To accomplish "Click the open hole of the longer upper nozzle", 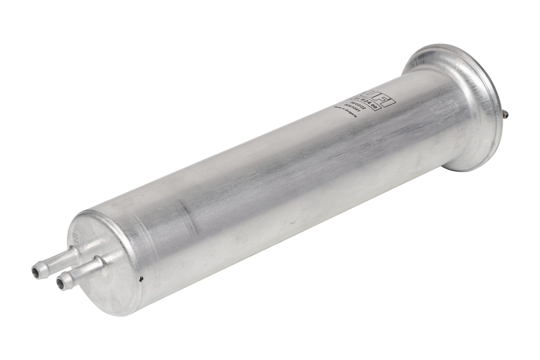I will coord(35,271).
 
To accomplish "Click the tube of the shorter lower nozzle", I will coord(83,270).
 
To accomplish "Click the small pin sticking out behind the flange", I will coord(507,115).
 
